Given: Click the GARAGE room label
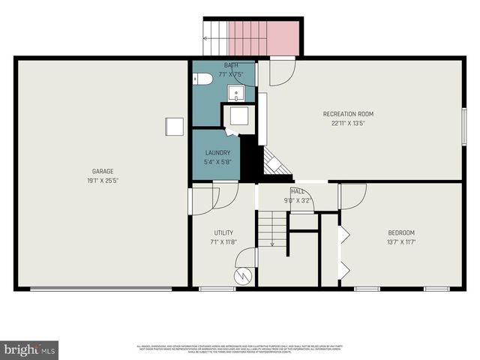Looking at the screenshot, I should [103, 171].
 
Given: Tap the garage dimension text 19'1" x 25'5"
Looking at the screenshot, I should [103, 181].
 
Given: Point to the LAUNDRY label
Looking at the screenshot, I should [217, 152].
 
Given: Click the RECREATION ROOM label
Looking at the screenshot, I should [348, 114].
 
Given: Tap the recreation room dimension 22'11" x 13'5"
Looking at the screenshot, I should [348, 124].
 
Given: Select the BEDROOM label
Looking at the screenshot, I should [401, 232].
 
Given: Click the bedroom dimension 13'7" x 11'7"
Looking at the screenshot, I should [401, 242].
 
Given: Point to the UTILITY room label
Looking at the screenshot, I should [223, 232].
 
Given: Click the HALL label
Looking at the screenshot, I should [298, 192].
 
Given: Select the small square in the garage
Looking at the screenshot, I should [174, 127].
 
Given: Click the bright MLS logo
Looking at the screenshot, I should [29, 349].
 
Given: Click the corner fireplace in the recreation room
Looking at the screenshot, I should [276, 163].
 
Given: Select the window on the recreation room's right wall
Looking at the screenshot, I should [463, 126].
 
